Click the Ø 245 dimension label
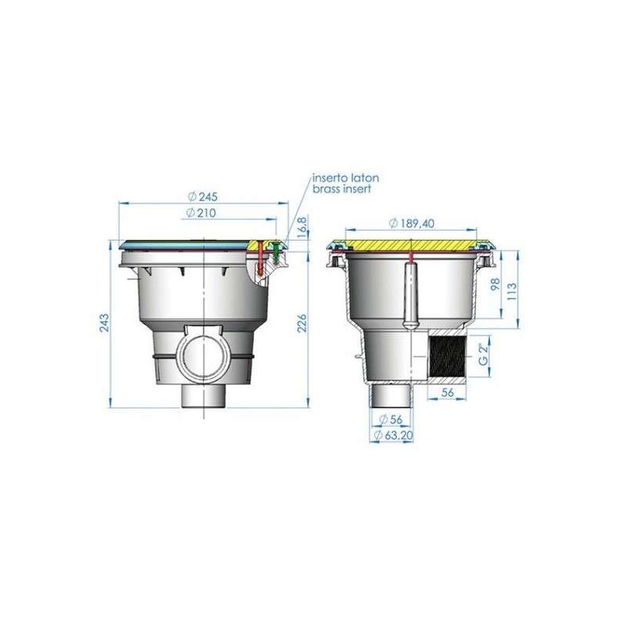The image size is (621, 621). [203, 196]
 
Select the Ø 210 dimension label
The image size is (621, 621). [201, 213]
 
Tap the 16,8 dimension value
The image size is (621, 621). [302, 228]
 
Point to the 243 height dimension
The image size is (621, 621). [104, 323]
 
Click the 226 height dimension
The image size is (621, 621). [302, 323]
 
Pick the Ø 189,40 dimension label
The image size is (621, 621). [412, 224]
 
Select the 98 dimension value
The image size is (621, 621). [495, 284]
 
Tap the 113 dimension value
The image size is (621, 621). [512, 291]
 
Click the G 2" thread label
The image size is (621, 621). [483, 355]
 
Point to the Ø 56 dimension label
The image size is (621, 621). [390, 419]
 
